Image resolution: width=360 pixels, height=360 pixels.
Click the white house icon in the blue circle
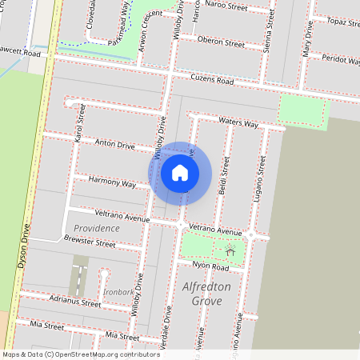click(x=180, y=173)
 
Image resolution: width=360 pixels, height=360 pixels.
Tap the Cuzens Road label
click(x=212, y=81)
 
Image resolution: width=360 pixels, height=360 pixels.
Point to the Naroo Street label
click(x=226, y=6)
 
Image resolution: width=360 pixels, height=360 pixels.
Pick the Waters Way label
click(x=238, y=122)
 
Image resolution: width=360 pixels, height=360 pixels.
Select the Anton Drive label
click(x=115, y=145)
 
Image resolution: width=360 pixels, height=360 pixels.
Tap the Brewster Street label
click(x=90, y=242)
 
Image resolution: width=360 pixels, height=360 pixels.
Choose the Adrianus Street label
click(x=75, y=302)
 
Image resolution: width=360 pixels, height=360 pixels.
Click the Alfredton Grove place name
click(x=206, y=294)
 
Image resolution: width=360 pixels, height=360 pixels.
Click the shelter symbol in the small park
click(x=230, y=251)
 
